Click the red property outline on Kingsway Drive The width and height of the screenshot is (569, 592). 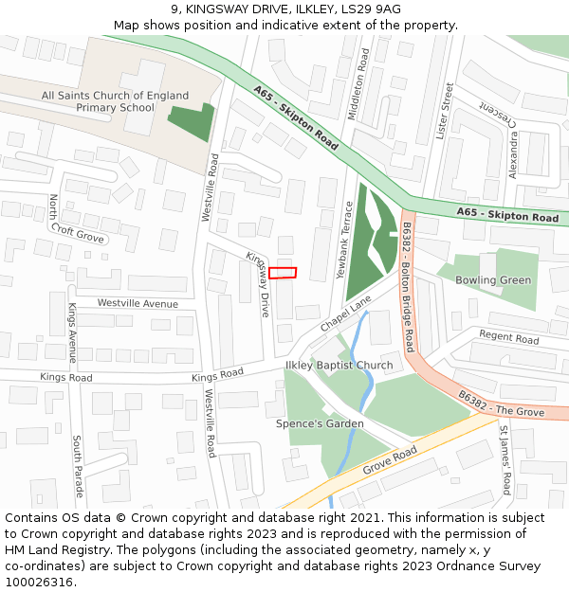pyautogui.click(x=283, y=273)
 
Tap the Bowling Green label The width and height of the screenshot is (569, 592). pyautogui.click(x=493, y=280)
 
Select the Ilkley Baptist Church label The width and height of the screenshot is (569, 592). pyautogui.click(x=339, y=366)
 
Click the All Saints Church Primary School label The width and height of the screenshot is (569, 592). pyautogui.click(x=115, y=101)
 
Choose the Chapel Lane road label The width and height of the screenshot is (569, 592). pyautogui.click(x=345, y=314)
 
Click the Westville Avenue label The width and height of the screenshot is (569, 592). pyautogui.click(x=138, y=304)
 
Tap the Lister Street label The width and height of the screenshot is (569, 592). pyautogui.click(x=443, y=111)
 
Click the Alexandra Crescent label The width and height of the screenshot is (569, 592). pyautogui.click(x=513, y=142)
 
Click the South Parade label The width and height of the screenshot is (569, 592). pyautogui.click(x=78, y=466)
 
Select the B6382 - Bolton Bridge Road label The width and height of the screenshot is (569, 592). pyautogui.click(x=408, y=288)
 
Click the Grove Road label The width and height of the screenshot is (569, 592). pyautogui.click(x=391, y=459)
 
